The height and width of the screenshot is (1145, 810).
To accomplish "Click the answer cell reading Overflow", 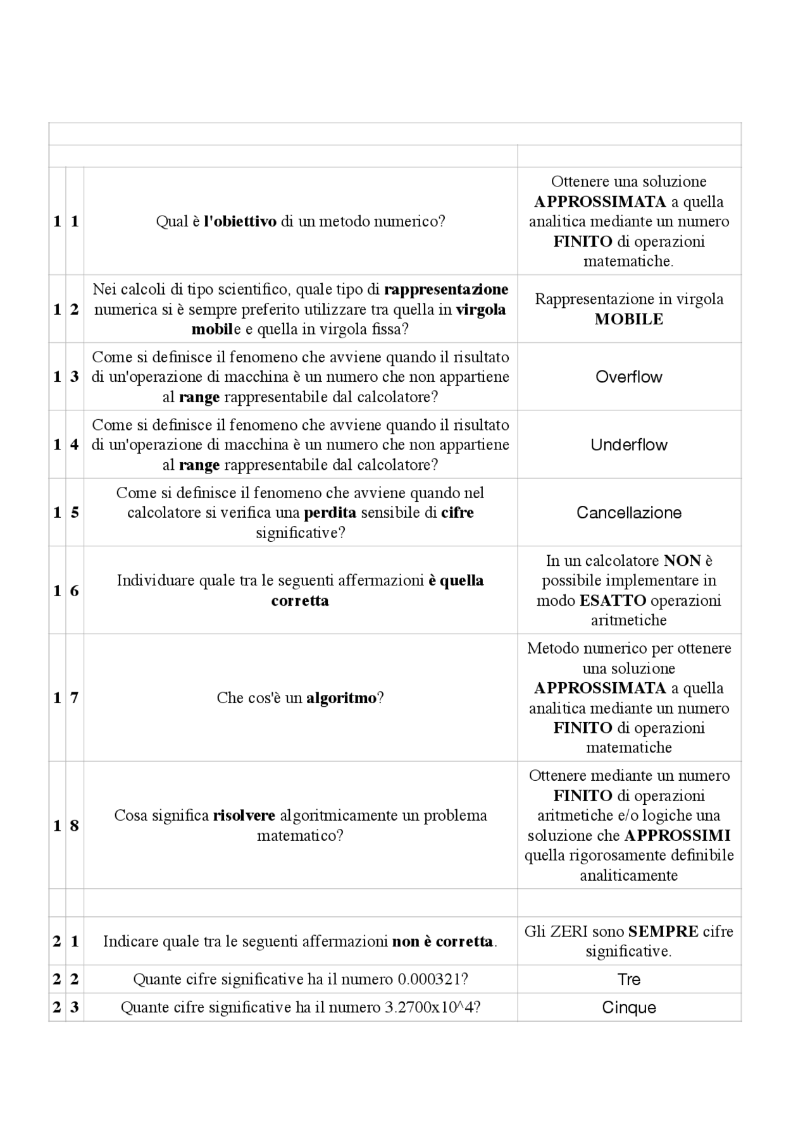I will pyautogui.click(x=628, y=377).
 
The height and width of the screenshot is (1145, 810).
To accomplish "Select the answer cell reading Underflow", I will pyautogui.click(x=628, y=444).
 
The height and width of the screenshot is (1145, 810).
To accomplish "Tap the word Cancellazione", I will pyautogui.click(x=628, y=512).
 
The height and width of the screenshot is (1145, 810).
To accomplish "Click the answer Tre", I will pyautogui.click(x=628, y=979).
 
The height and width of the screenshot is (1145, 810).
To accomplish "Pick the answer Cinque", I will pyautogui.click(x=628, y=1007).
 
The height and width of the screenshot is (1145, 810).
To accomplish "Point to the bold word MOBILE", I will pyautogui.click(x=628, y=319).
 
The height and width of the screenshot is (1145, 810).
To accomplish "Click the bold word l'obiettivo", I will pyautogui.click(x=240, y=221).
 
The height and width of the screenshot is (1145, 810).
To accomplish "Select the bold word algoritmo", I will pyautogui.click(x=341, y=698).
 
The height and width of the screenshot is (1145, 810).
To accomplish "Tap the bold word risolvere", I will pyautogui.click(x=244, y=816).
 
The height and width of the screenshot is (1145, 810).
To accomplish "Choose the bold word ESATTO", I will pyautogui.click(x=613, y=600).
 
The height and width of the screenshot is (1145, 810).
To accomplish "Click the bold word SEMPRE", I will pyautogui.click(x=663, y=931).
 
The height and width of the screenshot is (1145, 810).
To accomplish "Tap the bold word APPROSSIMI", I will pyautogui.click(x=677, y=836).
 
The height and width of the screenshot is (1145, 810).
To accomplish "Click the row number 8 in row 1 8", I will pyautogui.click(x=75, y=825).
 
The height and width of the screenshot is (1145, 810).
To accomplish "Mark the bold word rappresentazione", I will pyautogui.click(x=446, y=290).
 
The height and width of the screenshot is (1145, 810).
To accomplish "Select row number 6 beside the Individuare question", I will pyautogui.click(x=75, y=591).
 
